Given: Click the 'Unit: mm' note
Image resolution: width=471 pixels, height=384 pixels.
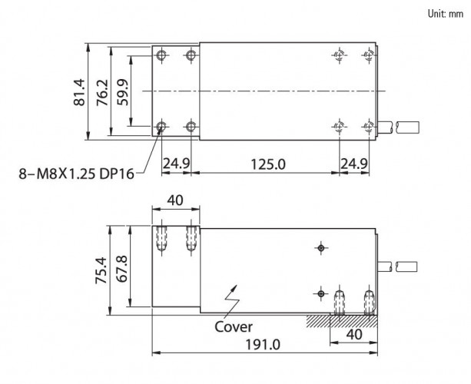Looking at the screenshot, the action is pos(446,14).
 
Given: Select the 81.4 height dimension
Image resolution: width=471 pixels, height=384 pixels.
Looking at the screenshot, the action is pos(80,92).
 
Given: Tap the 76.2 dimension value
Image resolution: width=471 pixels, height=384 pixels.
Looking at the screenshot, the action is pos(102,92).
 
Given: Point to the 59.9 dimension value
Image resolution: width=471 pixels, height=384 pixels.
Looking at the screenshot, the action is pos(123,92).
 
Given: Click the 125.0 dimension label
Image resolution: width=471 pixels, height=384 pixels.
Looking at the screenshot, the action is pos(268,164).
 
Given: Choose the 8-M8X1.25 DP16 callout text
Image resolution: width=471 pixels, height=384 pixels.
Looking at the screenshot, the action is pos(76,174).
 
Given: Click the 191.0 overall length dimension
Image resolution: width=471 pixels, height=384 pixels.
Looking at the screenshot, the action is pos(263,345).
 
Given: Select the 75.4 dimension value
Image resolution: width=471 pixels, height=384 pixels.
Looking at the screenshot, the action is pos(101,270).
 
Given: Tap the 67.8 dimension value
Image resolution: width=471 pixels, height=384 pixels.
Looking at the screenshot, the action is pos(121,269).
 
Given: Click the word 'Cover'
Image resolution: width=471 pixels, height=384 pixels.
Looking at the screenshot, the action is pos(234,327).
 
